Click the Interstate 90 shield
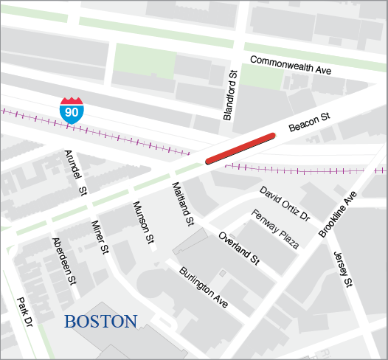pyautogui.click(x=72, y=108)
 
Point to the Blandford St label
pyautogui.click(x=231, y=94)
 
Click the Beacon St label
pyautogui.click(x=308, y=122)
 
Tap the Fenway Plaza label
pyautogui.click(x=275, y=229)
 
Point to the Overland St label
pyautogui.click(x=240, y=249)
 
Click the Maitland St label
pyautogui.click(x=182, y=203)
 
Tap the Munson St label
pyautogui.click(x=143, y=222)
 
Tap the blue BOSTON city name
pyautogui.click(x=100, y=322)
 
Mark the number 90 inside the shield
pyautogui.click(x=72, y=111)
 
